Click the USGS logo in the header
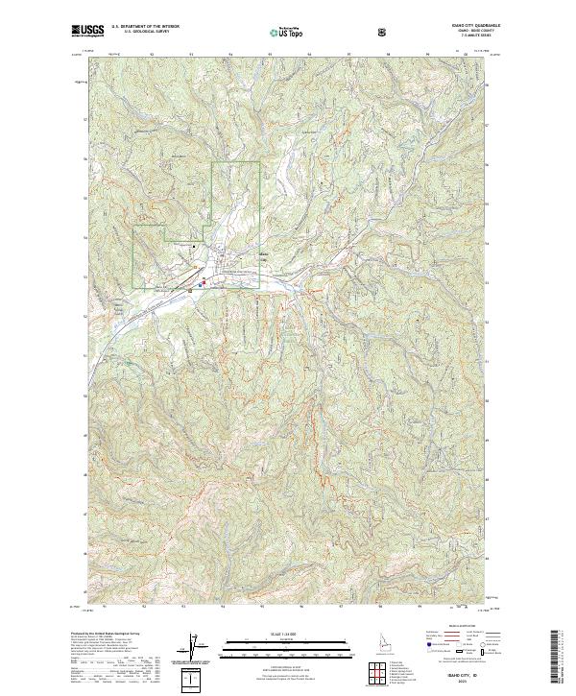pyautogui.click(x=87, y=32)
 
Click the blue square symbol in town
pyautogui.click(x=199, y=285)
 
